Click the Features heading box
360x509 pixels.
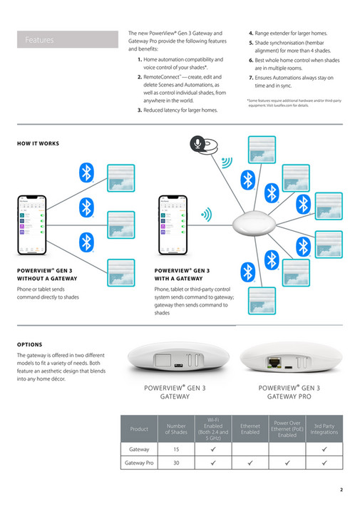coord(68,40)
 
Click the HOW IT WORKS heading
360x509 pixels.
coord(38,143)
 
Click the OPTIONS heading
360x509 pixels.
coord(29,344)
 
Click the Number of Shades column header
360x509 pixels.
coord(175,428)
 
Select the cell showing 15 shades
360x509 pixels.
coord(175,450)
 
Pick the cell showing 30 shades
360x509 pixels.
coord(175,463)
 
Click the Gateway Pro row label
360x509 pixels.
coord(139,463)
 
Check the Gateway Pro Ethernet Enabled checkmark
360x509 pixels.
coord(250,463)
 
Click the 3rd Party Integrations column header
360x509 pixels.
coord(324,428)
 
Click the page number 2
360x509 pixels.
coord(341,490)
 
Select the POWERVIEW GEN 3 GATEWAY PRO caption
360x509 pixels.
coord(289,391)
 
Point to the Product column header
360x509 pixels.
coord(139,428)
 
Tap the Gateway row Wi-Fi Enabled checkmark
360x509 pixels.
coord(213,450)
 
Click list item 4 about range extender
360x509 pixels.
coord(289,34)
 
